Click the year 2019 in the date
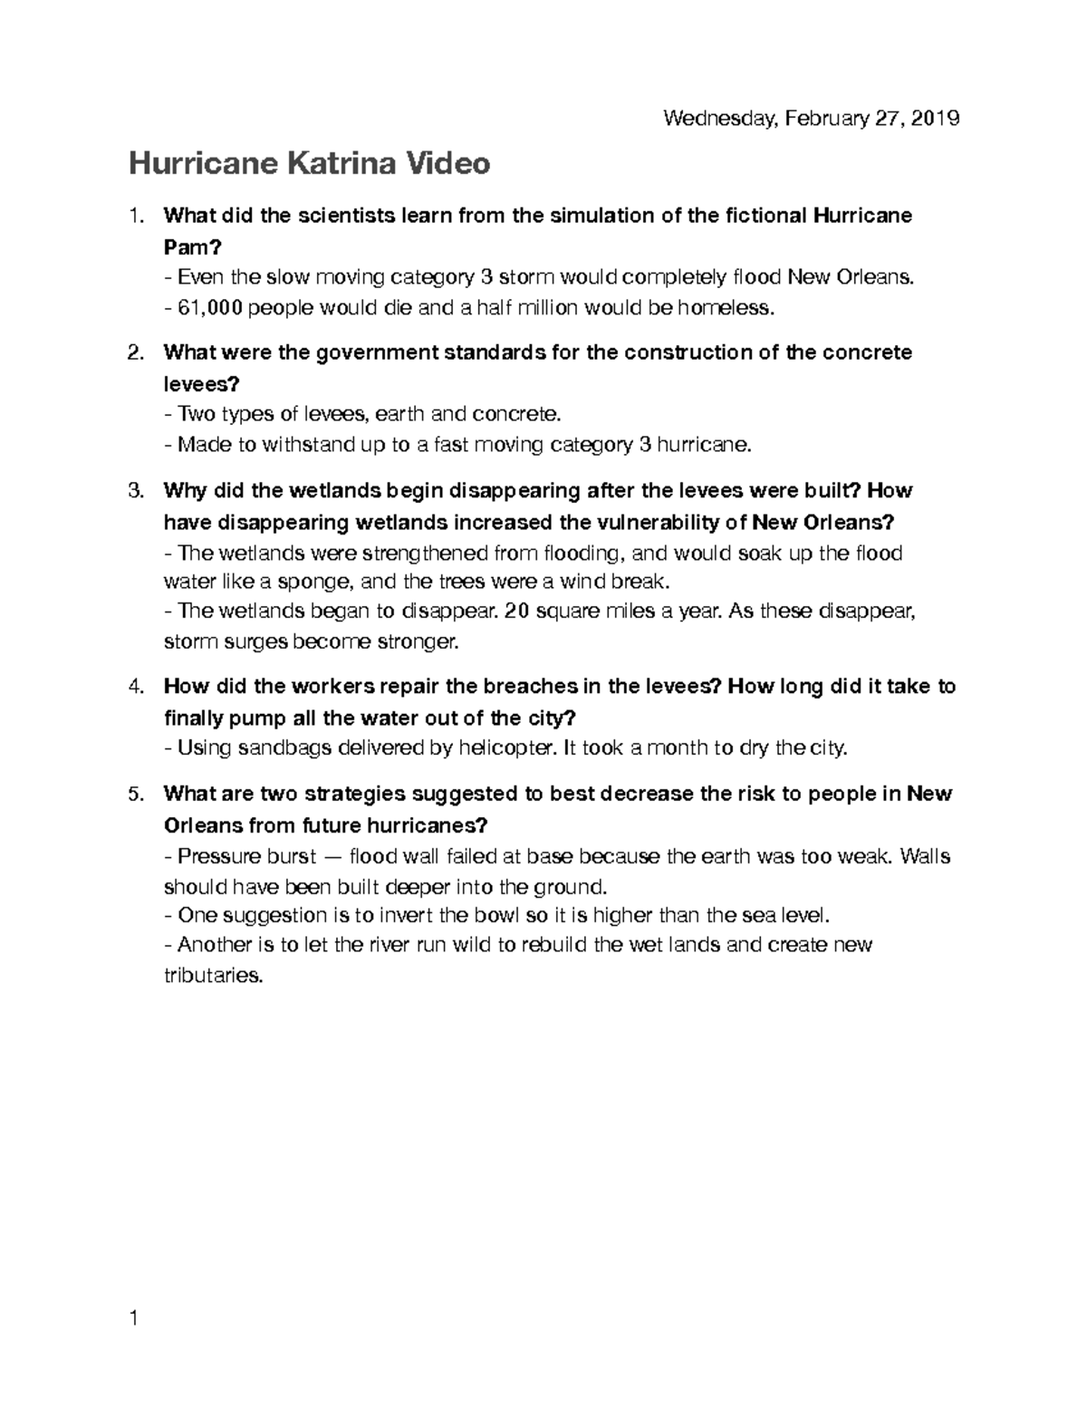click(936, 119)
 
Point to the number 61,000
click(210, 308)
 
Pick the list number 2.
click(136, 352)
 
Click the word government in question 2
click(376, 352)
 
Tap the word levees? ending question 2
click(201, 383)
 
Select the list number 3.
click(136, 491)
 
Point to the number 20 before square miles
click(515, 612)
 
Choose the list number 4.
click(136, 687)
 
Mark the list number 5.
click(136, 795)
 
